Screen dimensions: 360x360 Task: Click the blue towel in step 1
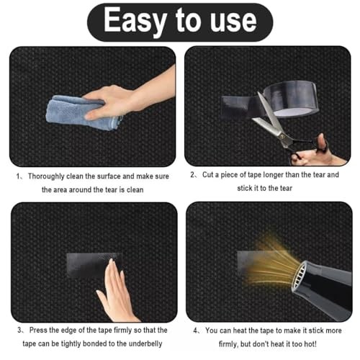tap(79, 113)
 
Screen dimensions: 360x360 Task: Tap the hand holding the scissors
tap(317, 153)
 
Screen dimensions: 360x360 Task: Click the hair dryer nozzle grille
tap(300, 276)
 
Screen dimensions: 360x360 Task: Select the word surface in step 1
tap(109, 176)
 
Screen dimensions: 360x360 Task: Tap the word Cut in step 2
tap(207, 174)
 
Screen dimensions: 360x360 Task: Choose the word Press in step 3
tap(38, 330)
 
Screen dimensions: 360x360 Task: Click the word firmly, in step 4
tap(228, 344)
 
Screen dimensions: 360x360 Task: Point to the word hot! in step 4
tap(310, 344)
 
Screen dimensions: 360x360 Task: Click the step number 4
tap(196, 330)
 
